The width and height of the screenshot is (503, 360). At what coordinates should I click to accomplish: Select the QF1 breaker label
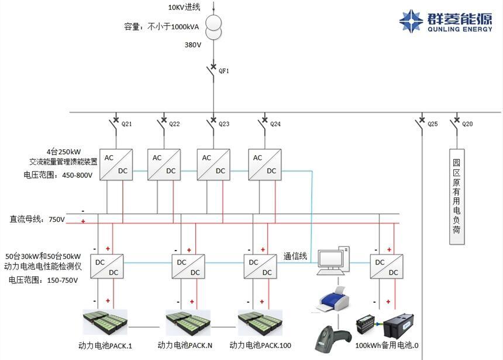pyautogui.click(x=223, y=70)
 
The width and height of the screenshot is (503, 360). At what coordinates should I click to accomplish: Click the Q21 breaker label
pyautogui.click(x=126, y=124)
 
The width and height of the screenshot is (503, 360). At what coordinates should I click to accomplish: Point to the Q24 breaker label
pyautogui.click(x=275, y=124)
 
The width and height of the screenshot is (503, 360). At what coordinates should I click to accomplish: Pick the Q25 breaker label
pyautogui.click(x=432, y=124)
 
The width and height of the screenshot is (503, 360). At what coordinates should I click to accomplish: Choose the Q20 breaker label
pyautogui.click(x=467, y=124)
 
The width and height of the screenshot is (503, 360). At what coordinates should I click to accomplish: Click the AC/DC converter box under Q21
pyautogui.click(x=115, y=164)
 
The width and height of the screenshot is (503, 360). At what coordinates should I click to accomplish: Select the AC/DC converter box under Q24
pyautogui.click(x=264, y=164)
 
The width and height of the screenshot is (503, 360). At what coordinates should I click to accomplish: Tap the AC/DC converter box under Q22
pyautogui.click(x=164, y=164)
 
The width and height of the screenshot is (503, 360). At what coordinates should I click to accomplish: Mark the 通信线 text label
pyautogui.click(x=295, y=256)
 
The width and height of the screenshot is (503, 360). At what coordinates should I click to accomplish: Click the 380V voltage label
pyautogui.click(x=193, y=44)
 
